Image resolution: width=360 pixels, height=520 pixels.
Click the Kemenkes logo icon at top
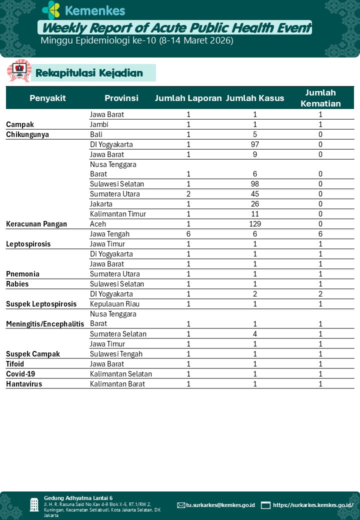pos(51,10)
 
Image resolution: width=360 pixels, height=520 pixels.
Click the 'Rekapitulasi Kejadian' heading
pos(89,73)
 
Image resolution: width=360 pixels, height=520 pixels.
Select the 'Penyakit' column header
pos(47,98)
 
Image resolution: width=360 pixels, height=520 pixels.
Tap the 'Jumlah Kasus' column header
pos(255,98)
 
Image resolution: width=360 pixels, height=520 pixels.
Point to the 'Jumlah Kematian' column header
pos(320,98)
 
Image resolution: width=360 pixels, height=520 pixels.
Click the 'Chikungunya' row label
pos(27,134)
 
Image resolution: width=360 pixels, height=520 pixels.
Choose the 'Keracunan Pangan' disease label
pos(36,224)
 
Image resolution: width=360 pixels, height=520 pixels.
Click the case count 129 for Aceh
pos(255,224)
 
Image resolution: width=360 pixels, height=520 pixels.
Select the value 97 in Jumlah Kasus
pos(255,144)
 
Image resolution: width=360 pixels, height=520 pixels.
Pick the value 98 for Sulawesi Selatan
pos(255,184)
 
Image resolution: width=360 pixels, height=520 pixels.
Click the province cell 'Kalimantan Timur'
pos(118,214)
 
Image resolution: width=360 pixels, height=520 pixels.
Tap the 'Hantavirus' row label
pos(24,384)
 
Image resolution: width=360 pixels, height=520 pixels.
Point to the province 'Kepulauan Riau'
pos(114,304)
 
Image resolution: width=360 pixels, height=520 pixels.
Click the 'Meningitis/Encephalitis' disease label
pos(45,324)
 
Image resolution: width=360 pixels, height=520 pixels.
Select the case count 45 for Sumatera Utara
pos(255,194)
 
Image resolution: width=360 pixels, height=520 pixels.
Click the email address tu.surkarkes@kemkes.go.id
pos(220,505)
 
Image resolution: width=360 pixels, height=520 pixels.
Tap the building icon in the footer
pos(34,504)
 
